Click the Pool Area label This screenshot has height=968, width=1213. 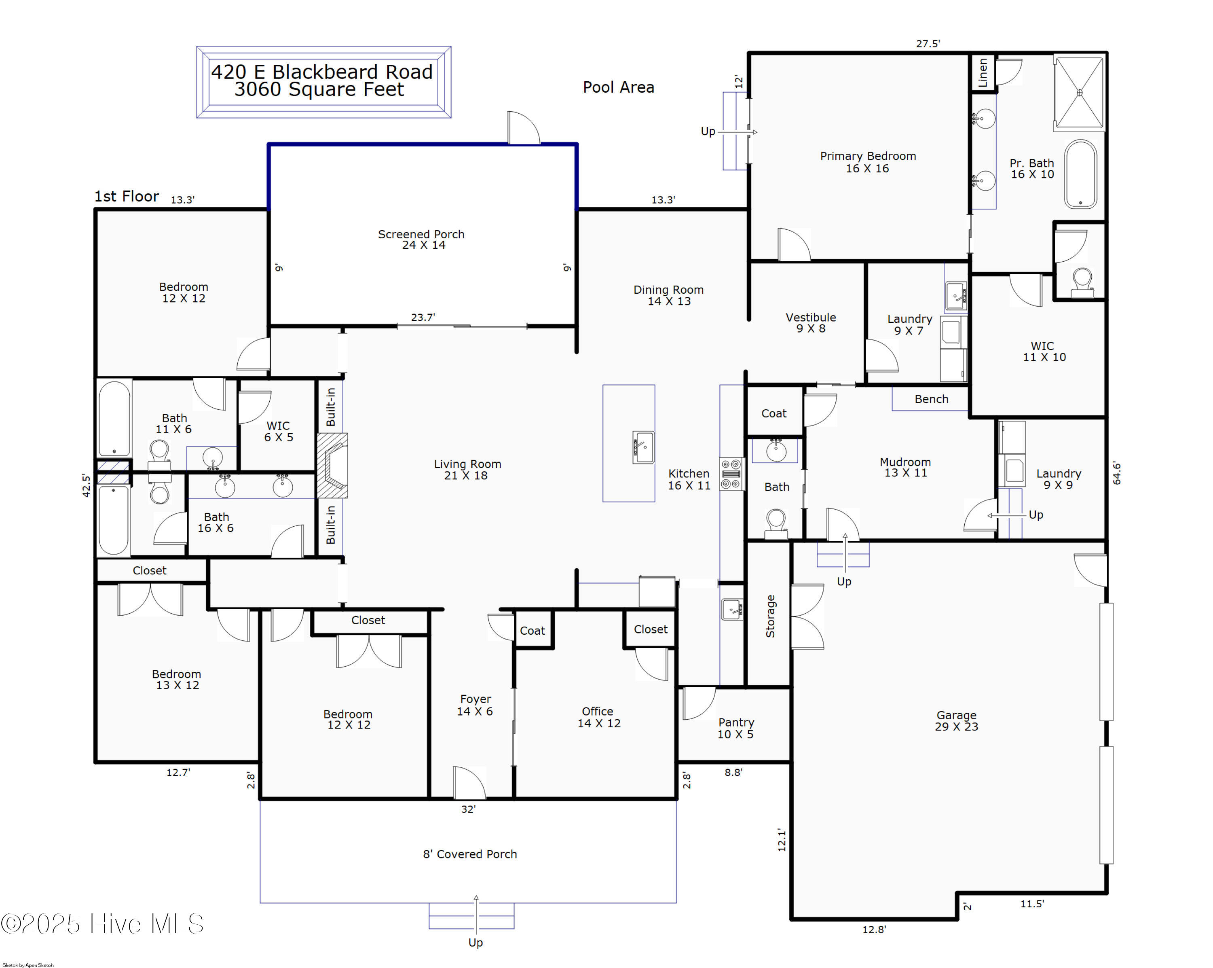[x=618, y=87]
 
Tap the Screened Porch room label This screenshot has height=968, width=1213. [x=421, y=239]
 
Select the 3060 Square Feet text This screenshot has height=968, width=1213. [x=319, y=89]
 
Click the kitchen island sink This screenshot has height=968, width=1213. [x=643, y=447]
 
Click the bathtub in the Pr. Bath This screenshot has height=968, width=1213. [x=1080, y=174]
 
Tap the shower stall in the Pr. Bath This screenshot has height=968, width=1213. [x=1079, y=93]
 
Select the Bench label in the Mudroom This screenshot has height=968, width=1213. [x=931, y=399]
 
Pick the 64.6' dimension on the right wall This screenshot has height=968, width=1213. [x=1117, y=473]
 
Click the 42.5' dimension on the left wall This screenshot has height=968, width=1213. [x=86, y=485]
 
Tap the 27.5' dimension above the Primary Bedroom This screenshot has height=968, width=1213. [x=928, y=43]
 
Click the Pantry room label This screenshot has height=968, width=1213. [x=736, y=728]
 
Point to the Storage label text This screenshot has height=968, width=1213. [x=770, y=616]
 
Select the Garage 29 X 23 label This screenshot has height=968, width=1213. [x=956, y=721]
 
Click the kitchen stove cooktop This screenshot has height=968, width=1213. [x=732, y=474]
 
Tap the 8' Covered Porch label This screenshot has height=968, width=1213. [x=470, y=854]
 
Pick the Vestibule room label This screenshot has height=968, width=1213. [x=811, y=322]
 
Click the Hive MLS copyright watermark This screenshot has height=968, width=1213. [x=102, y=924]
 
